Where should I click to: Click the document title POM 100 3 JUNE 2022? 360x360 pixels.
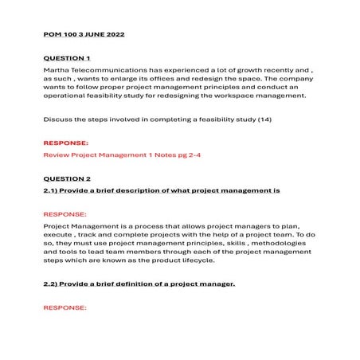pos(84,35)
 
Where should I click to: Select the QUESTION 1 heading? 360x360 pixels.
pos(66,58)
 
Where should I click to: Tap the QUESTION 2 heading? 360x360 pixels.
pos(66,179)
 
